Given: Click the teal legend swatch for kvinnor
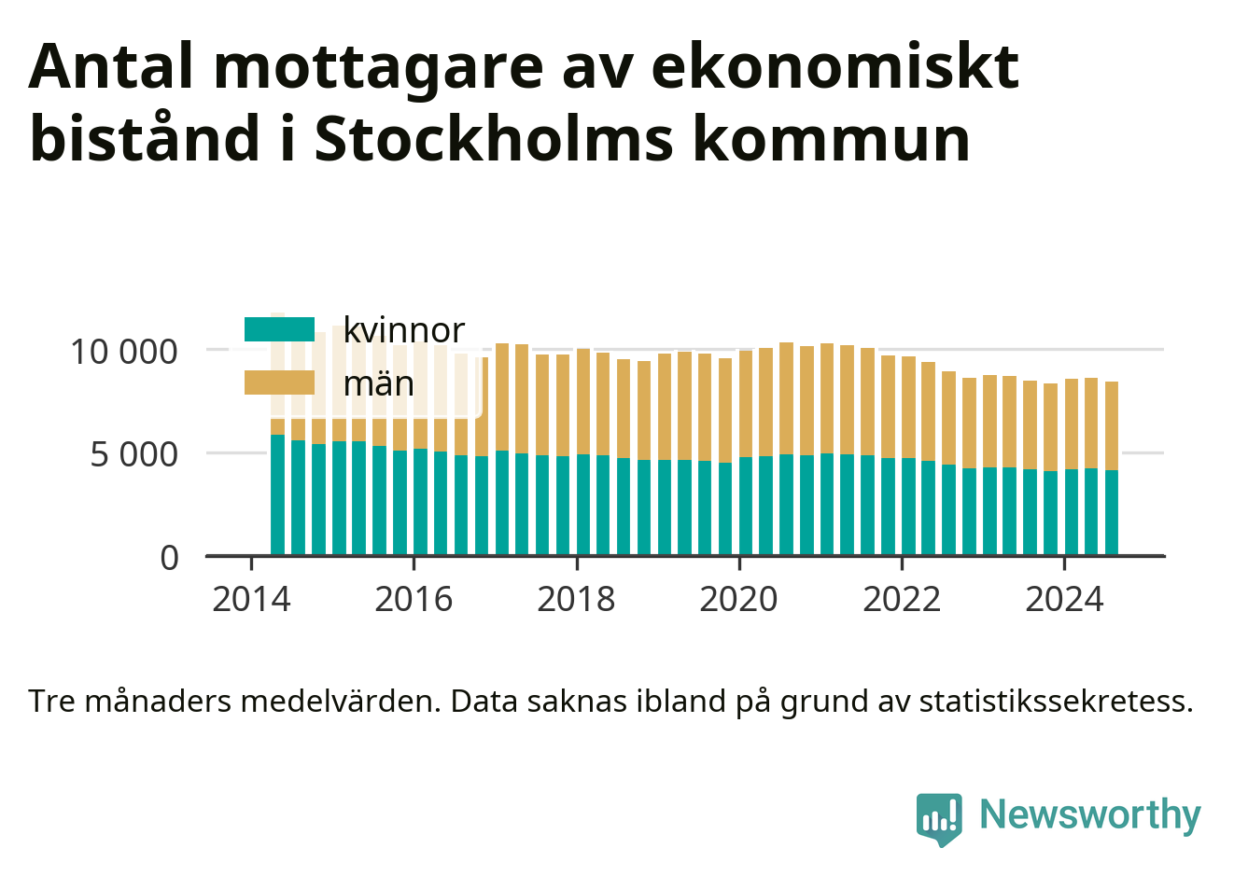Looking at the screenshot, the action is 279,329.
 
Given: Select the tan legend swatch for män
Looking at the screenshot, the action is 279,382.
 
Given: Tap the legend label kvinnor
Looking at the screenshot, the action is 404,330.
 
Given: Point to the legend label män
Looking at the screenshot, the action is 378,383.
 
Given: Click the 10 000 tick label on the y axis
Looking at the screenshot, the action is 124,352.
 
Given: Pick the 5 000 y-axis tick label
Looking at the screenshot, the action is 133,455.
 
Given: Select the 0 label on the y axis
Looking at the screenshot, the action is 169,558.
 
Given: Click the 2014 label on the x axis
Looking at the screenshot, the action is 251,600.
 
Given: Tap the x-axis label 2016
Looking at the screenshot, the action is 414,600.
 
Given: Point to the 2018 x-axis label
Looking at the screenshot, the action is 576,600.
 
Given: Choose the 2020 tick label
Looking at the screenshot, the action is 738,600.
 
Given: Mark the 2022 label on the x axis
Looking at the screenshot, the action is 902,600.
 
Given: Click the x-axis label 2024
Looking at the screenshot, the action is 1064,600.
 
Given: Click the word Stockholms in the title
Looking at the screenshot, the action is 494,138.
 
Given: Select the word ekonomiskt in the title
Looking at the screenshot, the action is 835,66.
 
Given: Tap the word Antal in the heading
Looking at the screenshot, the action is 111,66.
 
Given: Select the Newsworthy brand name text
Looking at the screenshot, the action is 1090,815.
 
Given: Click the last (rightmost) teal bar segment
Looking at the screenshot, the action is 1111,512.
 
